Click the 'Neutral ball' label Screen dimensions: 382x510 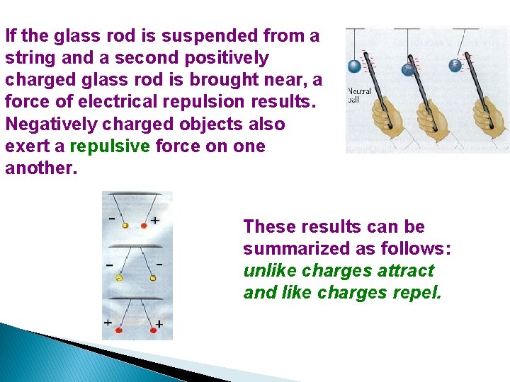(x=359, y=95)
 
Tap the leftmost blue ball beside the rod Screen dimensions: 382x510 (x=354, y=66)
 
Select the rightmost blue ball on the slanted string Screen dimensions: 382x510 (x=455, y=65)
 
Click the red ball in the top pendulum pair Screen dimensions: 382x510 (x=144, y=226)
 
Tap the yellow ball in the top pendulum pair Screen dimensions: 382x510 (x=125, y=226)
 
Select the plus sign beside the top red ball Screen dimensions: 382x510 (x=155, y=221)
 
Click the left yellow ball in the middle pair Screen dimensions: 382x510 (x=119, y=278)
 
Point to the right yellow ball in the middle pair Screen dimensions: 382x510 (x=153, y=278)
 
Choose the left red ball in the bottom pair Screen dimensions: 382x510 (x=119, y=330)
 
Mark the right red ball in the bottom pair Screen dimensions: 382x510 (x=149, y=330)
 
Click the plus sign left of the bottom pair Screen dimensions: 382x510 (x=108, y=323)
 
